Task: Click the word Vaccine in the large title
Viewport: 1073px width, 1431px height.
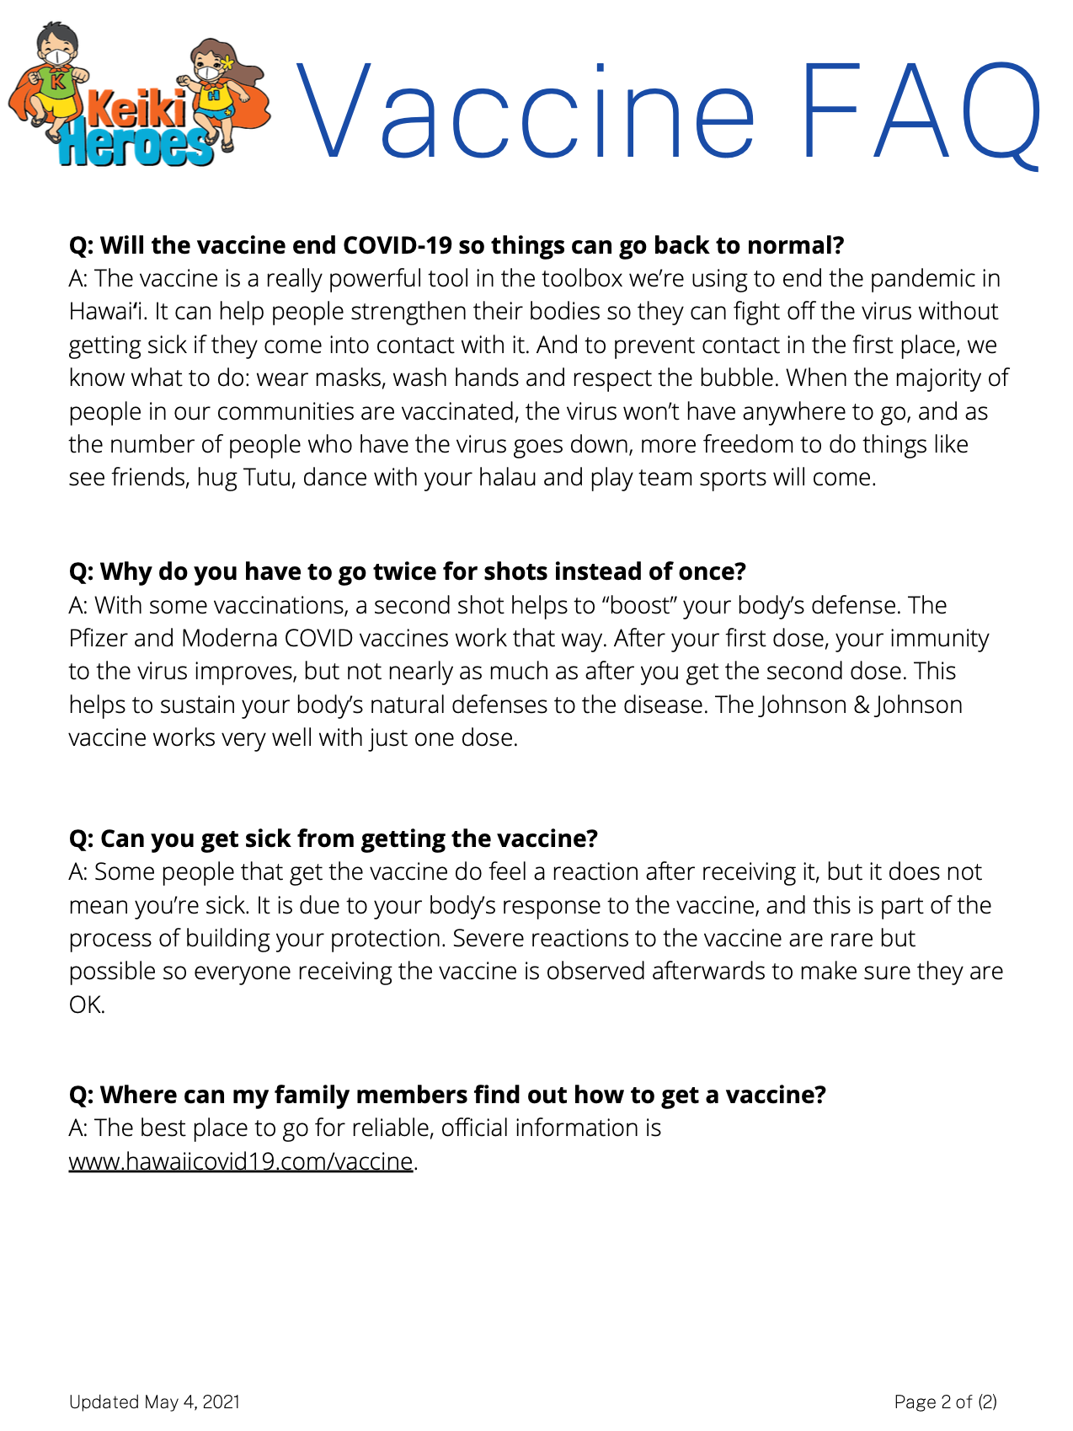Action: (x=526, y=112)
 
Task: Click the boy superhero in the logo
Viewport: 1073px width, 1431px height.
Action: (x=56, y=80)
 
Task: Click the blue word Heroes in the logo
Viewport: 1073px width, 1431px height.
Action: (x=135, y=146)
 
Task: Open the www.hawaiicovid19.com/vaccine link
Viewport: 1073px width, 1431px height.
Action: (x=241, y=1161)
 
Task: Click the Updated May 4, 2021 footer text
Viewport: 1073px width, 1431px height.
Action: (x=154, y=1402)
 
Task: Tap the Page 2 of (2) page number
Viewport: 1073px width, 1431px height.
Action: (x=945, y=1402)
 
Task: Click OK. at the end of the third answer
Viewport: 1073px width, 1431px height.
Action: (x=87, y=1005)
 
